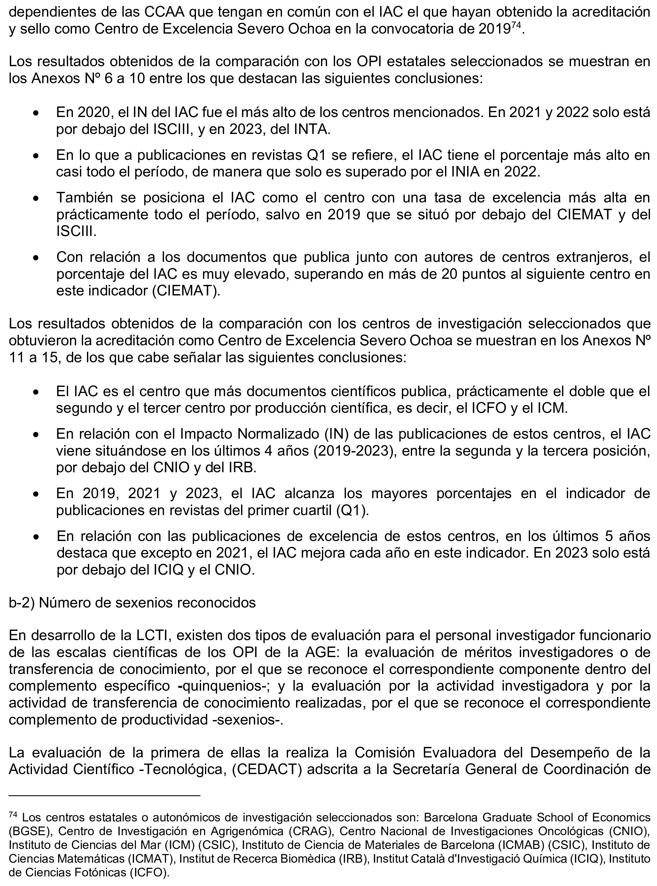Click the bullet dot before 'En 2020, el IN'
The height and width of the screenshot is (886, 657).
(x=36, y=113)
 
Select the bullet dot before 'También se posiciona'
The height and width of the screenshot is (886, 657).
(x=36, y=199)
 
